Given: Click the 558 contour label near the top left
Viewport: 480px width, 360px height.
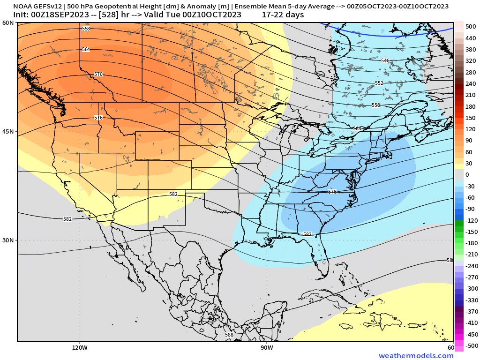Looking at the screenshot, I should click(86, 29).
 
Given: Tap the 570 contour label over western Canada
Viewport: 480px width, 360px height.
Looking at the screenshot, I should click(98, 74).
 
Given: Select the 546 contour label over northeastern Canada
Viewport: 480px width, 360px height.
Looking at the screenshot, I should click(385, 60).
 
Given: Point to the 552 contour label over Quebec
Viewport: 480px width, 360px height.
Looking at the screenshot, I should click(379, 83).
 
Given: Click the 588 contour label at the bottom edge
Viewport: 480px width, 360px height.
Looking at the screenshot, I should click(229, 335).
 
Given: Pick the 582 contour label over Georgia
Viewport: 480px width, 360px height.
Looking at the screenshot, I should click(307, 234).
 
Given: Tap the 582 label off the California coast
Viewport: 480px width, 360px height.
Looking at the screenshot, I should click(67, 219).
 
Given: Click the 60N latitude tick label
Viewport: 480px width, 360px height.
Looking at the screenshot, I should click(8, 23).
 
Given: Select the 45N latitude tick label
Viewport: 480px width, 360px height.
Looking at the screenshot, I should click(8, 131).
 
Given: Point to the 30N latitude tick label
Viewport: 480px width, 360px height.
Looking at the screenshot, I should click(8, 240).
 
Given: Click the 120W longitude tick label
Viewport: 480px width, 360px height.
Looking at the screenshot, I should click(80, 348).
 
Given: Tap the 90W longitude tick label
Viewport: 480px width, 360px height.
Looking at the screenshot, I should click(267, 348).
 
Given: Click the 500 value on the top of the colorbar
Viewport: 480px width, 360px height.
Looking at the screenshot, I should click(471, 26).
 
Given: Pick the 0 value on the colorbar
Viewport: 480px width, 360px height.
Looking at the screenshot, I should click(467, 174).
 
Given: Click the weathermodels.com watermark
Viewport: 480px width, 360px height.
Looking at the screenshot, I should click(416, 356).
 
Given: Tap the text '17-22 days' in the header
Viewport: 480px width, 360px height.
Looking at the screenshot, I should click(283, 15).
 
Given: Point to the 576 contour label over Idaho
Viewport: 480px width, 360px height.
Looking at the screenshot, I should click(98, 118).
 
